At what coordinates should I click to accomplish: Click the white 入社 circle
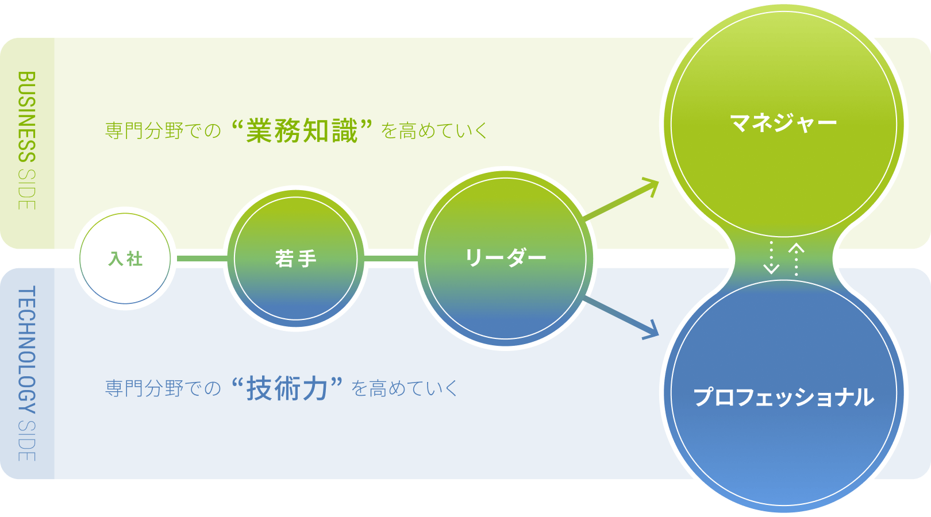point(125,258)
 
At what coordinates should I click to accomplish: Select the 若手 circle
point(295,258)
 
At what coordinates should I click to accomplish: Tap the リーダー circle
point(505,258)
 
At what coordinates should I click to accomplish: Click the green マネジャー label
point(783,122)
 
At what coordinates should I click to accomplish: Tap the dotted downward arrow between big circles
point(771,258)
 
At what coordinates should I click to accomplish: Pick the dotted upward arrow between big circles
point(796,258)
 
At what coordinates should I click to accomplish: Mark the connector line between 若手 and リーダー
point(391,258)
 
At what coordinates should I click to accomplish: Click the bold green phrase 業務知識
point(302,131)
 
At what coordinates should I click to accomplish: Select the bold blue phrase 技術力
point(287,389)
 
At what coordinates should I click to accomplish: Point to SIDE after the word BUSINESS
point(27,190)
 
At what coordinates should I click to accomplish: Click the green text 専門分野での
point(163,131)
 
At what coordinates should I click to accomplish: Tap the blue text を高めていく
point(405,389)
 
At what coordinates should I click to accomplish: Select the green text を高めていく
point(434,131)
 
